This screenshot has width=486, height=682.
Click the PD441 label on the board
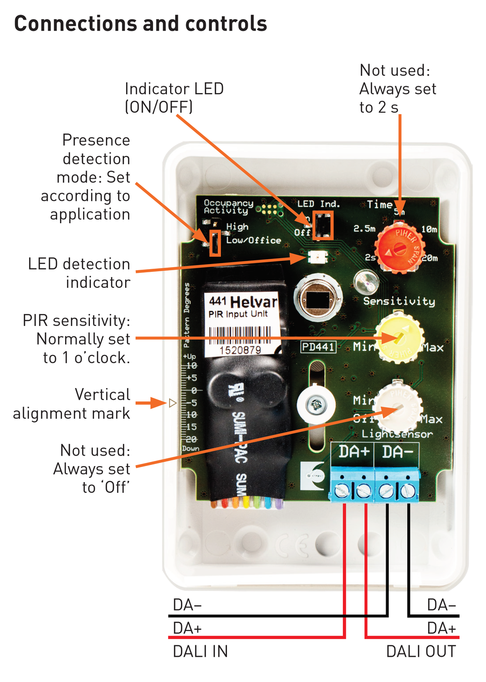click(318, 347)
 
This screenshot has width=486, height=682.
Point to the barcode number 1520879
click(240, 350)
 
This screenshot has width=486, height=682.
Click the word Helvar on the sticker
click(253, 302)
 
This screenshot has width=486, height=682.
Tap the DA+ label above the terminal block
click(354, 452)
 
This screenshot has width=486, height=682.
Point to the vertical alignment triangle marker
click(173, 403)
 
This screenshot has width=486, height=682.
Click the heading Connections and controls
click(141, 24)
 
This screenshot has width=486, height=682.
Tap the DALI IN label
click(200, 652)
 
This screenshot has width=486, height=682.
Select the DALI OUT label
click(421, 652)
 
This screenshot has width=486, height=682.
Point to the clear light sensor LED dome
click(367, 282)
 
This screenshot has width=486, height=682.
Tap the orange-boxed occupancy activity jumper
click(215, 243)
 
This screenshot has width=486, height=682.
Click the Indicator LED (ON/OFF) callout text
click(174, 98)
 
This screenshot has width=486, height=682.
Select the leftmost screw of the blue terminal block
click(342, 490)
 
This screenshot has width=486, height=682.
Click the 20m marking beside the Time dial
click(430, 258)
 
